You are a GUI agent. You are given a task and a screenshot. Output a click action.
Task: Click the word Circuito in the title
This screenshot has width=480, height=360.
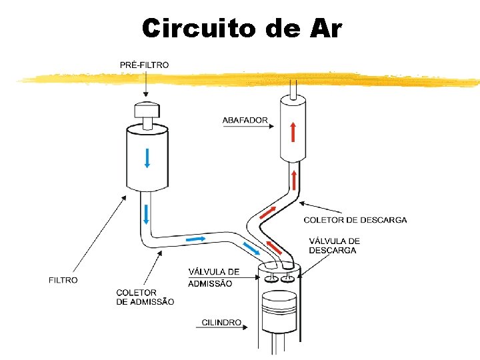pyautogui.click(x=193, y=28)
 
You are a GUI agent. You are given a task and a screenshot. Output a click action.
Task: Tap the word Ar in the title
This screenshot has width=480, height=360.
pyautogui.click(x=326, y=28)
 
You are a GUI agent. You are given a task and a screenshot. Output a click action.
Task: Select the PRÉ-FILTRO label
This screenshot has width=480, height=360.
pyautogui.click(x=145, y=65)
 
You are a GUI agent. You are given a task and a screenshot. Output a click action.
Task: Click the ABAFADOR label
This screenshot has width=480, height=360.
pyautogui.click(x=245, y=121)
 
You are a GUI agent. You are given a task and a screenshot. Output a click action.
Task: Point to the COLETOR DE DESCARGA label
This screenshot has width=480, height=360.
pyautogui.click(x=355, y=220)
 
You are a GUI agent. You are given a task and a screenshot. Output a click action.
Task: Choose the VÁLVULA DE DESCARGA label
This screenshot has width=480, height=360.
pyautogui.click(x=334, y=245)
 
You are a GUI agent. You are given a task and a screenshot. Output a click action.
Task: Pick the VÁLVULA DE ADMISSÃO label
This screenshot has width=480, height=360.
pyautogui.click(x=213, y=277)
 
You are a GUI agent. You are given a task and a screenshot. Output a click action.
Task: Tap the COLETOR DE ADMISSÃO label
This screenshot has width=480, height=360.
pyautogui.click(x=145, y=297)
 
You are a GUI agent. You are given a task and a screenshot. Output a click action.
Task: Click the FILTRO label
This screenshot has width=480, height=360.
pyautogui.click(x=63, y=280)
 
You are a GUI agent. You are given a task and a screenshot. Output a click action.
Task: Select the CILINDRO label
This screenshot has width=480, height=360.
pyautogui.click(x=221, y=323)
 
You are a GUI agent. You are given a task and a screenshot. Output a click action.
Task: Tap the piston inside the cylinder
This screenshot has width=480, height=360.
pyautogui.click(x=279, y=313)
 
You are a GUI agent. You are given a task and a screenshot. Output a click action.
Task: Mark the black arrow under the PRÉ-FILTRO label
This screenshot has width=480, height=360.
pyautogui.click(x=145, y=84)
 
